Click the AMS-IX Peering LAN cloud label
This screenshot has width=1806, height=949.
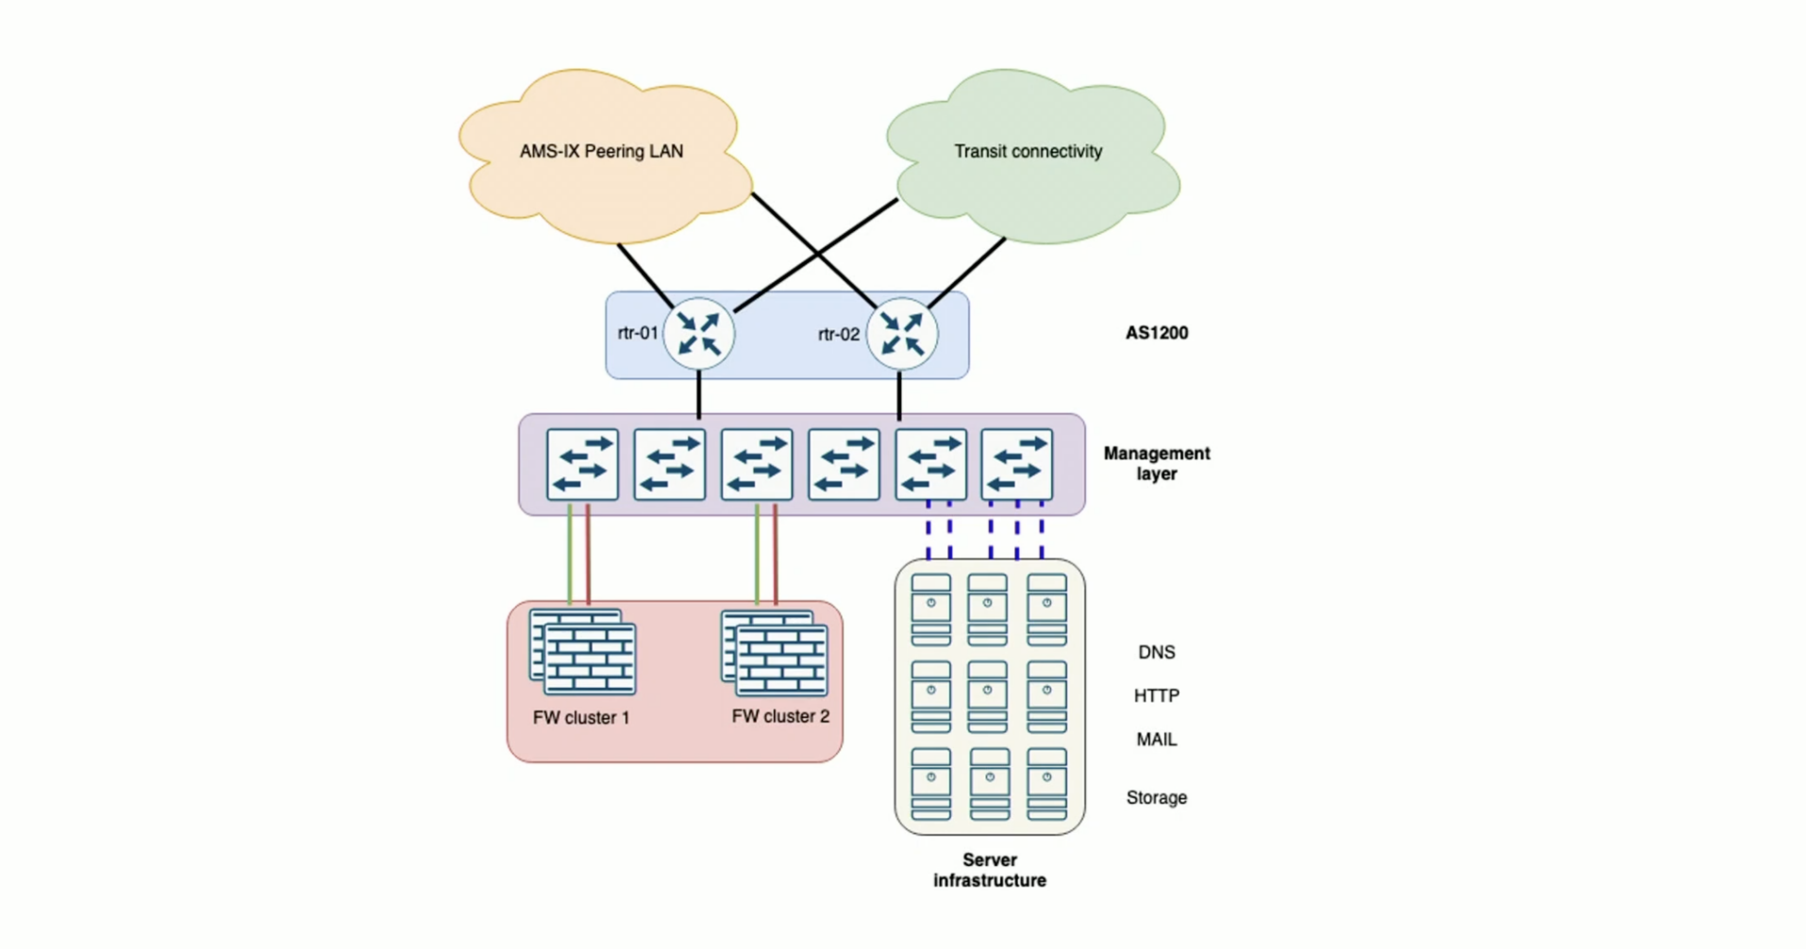601,151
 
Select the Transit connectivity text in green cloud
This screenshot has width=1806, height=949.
1028,151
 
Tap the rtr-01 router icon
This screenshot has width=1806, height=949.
699,334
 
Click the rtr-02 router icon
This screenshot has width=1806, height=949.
901,334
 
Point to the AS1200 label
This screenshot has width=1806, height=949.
1156,333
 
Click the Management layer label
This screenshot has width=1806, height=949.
1156,463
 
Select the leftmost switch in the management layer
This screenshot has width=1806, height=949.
582,464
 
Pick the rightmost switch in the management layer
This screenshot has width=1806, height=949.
1016,464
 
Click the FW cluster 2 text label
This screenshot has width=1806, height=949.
780,717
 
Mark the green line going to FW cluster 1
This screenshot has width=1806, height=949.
570,557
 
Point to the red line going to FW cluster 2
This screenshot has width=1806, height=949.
776,557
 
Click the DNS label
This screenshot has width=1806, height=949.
1156,653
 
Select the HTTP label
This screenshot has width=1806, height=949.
1156,696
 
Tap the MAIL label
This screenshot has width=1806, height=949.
1156,740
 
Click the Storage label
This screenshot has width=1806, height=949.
1156,798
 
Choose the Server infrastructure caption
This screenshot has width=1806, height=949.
990,870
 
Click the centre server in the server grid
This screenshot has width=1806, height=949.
988,697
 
